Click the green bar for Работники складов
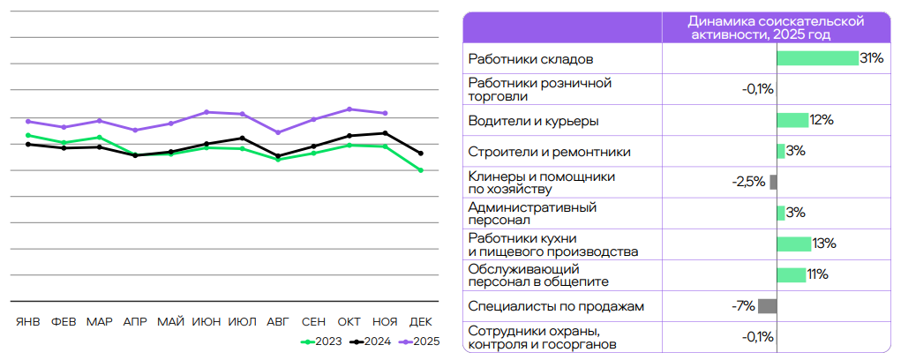pyautogui.click(x=817, y=58)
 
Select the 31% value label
pyautogui.click(x=872, y=58)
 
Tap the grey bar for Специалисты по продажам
pyautogui.click(x=767, y=306)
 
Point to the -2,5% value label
pyautogui.click(x=748, y=182)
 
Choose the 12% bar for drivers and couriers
pyautogui.click(x=792, y=120)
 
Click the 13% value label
pyautogui.click(x=824, y=244)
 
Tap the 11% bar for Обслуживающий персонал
pyautogui.click(x=791, y=274)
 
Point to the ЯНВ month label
pyautogui.click(x=28, y=321)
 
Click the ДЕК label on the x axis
pyautogui.click(x=421, y=321)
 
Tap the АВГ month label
pyautogui.click(x=278, y=321)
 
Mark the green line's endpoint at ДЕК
pyautogui.click(x=421, y=170)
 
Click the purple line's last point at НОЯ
pyautogui.click(x=385, y=113)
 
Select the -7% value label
pyautogui.click(x=743, y=306)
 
